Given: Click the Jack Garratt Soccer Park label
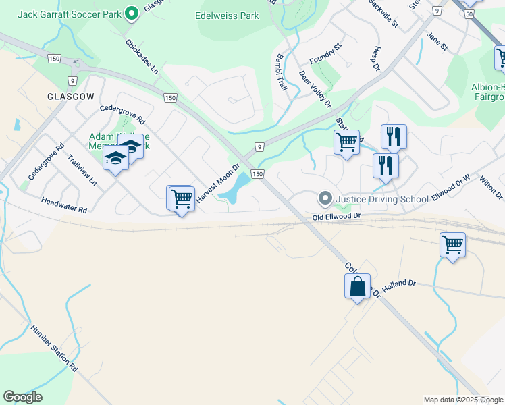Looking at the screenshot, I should pos(70,13).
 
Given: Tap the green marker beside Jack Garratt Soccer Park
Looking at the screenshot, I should pos(132,12).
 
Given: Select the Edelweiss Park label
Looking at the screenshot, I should pos(226,15).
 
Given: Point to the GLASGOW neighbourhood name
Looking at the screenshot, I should pos(70,97).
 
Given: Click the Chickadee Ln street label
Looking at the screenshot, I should pos(142,56).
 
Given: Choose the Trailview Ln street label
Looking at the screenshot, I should pos(82,171).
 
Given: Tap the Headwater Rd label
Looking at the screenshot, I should pos(64,205).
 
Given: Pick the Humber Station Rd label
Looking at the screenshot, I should pos(54,348).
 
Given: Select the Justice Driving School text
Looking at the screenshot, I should pos(381,199).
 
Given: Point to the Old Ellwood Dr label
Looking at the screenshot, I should pos(337,217).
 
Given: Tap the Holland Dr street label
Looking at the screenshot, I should pos(398,284).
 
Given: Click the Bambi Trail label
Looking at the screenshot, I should pos(282,73).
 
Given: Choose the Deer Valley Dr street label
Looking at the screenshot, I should pos(315,88).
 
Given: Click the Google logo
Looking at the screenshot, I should pos(22,397).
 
